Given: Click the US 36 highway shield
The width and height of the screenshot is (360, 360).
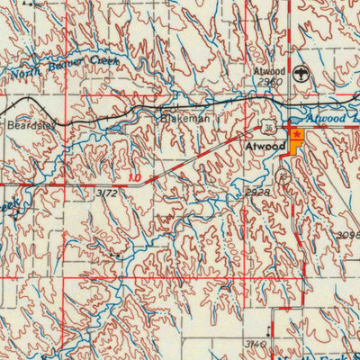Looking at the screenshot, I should click(268, 125).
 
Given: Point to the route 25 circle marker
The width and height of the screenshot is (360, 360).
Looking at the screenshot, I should click(285, 177).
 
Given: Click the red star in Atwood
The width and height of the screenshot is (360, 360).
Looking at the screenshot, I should click(296, 133).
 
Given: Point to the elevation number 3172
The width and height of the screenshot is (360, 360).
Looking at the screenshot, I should click(106, 193).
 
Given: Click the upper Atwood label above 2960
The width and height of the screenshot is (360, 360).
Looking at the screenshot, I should click(269, 69).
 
